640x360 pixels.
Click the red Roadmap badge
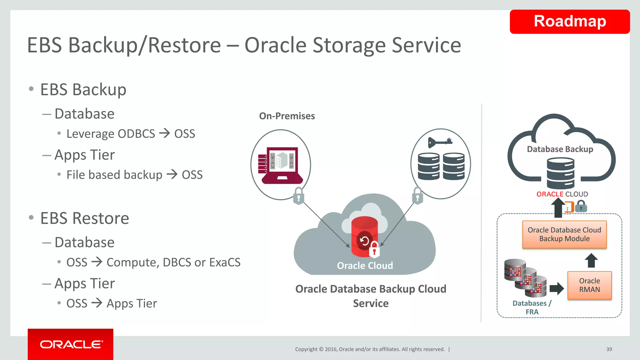(569, 22)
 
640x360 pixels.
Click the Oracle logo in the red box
(71, 344)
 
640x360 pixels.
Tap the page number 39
(609, 349)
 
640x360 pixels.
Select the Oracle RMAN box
(589, 285)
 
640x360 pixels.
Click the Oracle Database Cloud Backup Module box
(564, 234)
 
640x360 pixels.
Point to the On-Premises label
(287, 116)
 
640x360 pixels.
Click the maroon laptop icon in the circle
(280, 166)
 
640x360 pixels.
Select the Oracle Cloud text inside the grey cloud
(365, 266)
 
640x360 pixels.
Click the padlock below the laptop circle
(298, 196)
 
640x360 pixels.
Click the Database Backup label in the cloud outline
(560, 149)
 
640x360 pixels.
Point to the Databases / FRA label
(532, 307)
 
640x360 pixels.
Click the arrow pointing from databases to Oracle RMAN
(556, 288)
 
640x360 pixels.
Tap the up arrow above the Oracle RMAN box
(591, 260)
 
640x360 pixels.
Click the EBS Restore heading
(84, 218)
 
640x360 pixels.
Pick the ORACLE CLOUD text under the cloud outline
(562, 194)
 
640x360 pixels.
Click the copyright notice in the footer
(370, 349)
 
